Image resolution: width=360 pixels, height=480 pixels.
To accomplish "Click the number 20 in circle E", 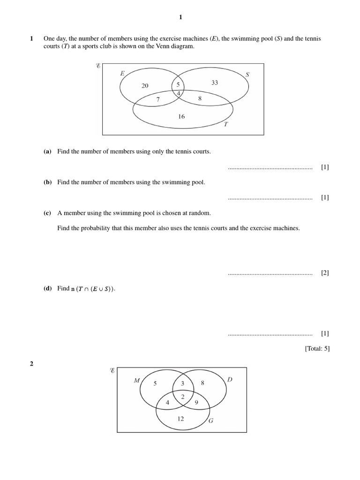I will point(145,85).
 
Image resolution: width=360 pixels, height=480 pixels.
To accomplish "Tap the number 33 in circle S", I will point(215,82).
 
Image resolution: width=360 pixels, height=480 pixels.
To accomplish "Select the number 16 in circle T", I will point(181,116).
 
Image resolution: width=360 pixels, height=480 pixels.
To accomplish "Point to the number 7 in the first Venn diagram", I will point(158,99).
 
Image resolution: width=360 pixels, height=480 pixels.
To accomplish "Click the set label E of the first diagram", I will point(122,73).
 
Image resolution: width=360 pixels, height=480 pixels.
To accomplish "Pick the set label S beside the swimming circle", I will point(247,74).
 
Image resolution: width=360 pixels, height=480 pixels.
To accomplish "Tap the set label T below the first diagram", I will point(225,124).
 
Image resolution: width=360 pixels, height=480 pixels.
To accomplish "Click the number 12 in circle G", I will point(181,419).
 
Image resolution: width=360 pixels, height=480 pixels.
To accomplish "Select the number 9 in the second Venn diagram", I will point(196,402).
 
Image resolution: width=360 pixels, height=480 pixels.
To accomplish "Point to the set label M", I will point(137,380).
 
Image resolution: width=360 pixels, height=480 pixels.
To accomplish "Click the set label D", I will point(230,379).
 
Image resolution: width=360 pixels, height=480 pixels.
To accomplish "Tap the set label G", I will point(211,420).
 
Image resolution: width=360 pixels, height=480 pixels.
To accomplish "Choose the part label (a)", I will point(47,151).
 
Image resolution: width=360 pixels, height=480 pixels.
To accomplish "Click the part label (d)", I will point(47,289).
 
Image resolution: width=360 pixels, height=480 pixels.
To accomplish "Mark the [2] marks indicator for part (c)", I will point(325,273).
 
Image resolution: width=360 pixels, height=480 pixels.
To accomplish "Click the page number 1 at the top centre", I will point(180,17).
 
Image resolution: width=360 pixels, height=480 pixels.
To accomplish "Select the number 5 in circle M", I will point(155,383).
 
